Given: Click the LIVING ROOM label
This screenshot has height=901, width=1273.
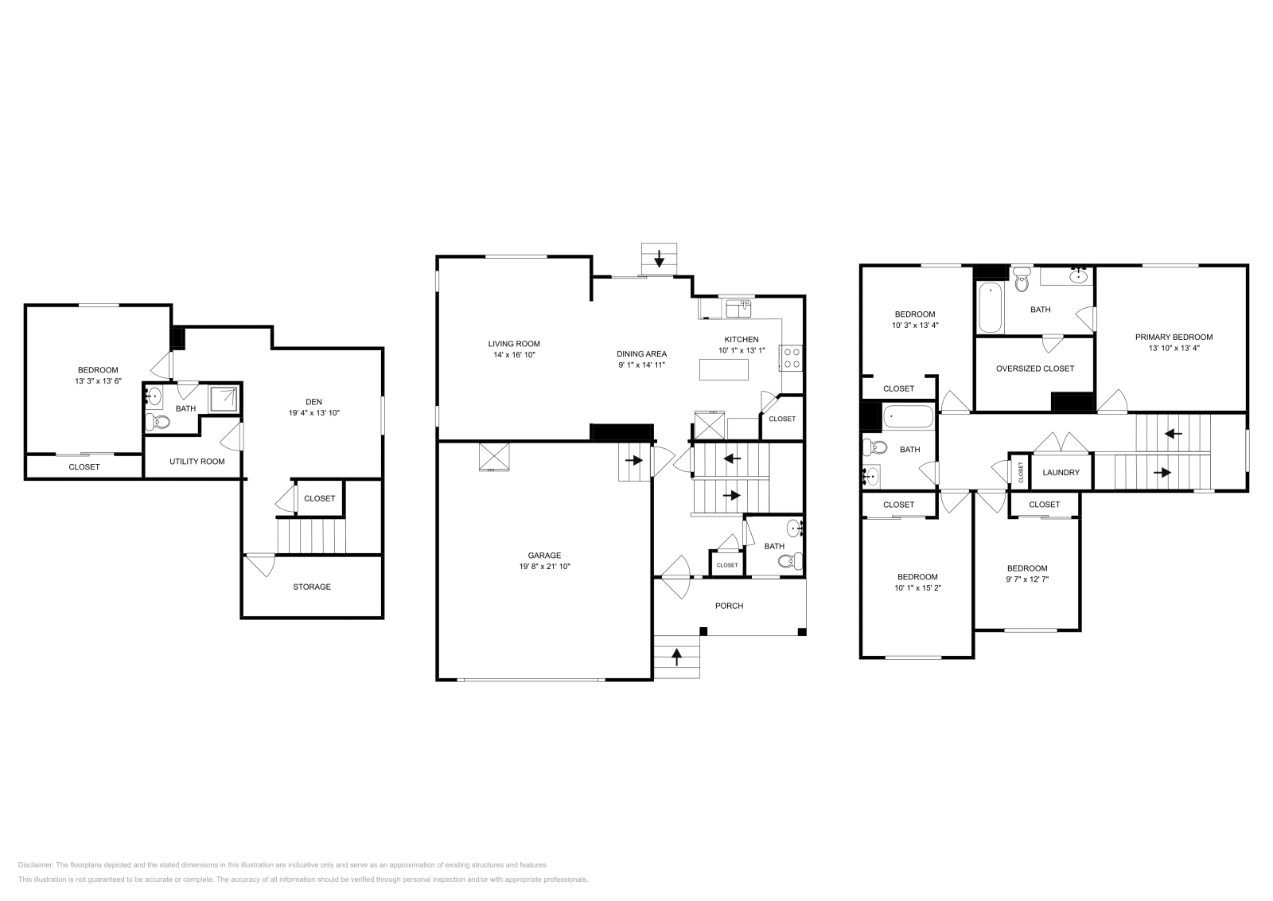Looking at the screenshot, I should click(514, 344).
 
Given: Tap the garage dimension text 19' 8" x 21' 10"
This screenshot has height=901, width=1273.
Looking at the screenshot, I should click(544, 567).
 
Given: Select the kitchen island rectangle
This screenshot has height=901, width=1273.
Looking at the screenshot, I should click(724, 370).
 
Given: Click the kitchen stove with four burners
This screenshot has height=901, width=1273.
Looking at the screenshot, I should click(792, 357).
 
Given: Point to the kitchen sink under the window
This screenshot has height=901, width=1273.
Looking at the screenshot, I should click(738, 307).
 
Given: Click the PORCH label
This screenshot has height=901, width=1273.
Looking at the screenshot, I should click(729, 606).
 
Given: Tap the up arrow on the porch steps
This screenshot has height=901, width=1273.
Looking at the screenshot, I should click(677, 657).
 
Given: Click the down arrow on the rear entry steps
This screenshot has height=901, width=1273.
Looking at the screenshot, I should click(659, 258).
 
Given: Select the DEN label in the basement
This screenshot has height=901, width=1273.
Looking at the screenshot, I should click(314, 402).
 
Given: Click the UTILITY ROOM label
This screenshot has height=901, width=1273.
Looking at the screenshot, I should click(197, 462).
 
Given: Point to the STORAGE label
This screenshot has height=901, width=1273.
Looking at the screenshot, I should click(312, 587).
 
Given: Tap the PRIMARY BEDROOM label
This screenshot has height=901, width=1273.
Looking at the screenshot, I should click(1174, 337).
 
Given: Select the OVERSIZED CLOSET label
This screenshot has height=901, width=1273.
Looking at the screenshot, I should click(1035, 369).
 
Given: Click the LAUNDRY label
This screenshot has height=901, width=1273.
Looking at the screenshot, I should click(1061, 472).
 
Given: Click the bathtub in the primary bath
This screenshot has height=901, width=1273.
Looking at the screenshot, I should click(991, 307).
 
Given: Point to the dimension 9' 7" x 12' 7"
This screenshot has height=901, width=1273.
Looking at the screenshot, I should click(1027, 579).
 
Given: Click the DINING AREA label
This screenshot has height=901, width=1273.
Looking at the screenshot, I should click(641, 353).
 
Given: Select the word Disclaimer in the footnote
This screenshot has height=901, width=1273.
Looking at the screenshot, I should click(35, 864).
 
